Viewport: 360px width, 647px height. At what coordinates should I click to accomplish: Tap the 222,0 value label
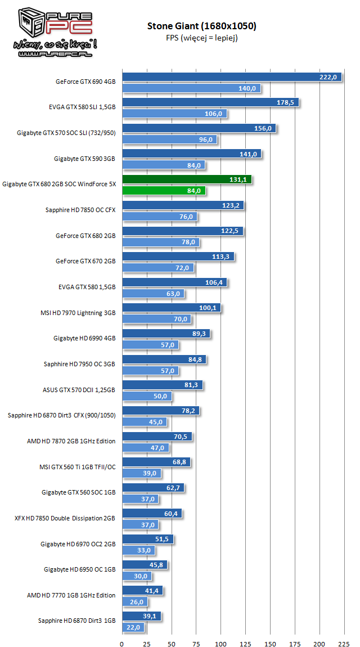[327, 77]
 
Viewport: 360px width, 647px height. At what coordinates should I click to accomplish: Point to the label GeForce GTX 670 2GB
[85, 261]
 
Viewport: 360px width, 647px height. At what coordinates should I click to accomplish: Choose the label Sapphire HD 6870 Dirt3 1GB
[76, 621]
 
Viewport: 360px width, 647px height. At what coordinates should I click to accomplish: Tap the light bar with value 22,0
[133, 627]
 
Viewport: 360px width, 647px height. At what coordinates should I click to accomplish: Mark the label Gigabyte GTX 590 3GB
[84, 159]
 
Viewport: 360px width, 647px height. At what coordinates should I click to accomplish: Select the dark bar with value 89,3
[166, 334]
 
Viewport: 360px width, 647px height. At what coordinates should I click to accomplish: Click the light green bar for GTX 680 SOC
[164, 191]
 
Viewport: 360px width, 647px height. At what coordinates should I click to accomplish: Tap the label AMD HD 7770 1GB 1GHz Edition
[71, 595]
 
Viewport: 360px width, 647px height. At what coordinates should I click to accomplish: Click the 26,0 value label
[136, 601]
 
